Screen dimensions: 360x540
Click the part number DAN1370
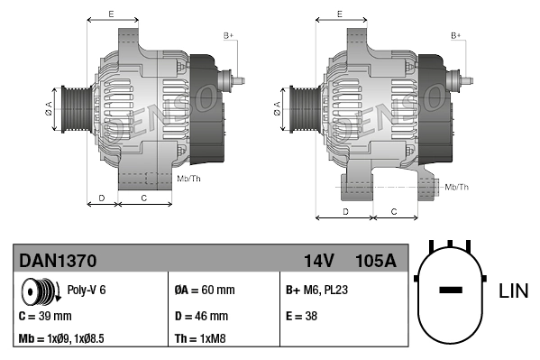click(58, 262)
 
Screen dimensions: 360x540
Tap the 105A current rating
click(375, 262)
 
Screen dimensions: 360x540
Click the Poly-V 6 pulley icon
click(39, 291)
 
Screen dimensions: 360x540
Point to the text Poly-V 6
click(87, 291)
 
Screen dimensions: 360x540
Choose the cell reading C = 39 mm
click(45, 316)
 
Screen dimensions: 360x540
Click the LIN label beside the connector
click(513, 291)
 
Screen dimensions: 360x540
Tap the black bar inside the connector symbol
click(450, 291)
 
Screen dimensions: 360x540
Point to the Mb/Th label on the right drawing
click(457, 187)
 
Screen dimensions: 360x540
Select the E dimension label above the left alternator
click(110, 14)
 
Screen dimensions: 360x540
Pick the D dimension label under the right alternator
click(345, 210)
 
